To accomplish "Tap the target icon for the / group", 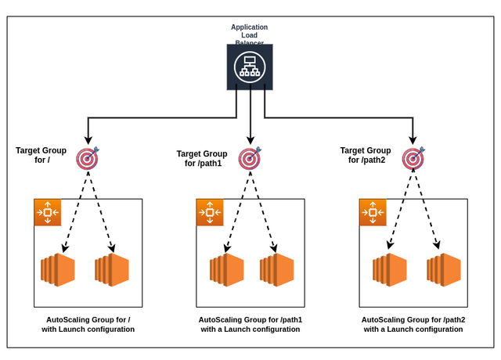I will coord(87,159).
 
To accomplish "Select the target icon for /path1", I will coord(250,159).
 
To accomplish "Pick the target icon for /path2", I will coord(413,159).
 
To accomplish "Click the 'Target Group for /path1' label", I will coord(202,159).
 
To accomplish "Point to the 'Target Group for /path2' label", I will coord(365,155).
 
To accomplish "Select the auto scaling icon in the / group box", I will coord(47,212).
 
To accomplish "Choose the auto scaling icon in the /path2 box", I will coord(373,212).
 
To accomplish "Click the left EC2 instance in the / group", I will coord(57,269).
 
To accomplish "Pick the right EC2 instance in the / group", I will coord(111,269).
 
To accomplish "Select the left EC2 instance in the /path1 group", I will coord(226,269).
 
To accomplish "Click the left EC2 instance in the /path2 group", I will coord(389,269).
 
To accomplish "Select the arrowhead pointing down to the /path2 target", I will coord(413,142).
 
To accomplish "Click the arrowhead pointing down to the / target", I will coord(88,142).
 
